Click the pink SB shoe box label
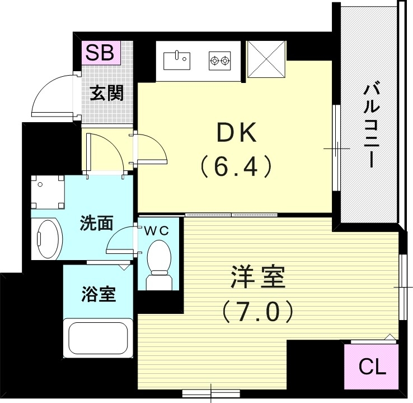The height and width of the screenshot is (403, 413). (101, 53)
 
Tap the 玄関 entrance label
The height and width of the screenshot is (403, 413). (107, 92)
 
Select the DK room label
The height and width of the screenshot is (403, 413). (236, 133)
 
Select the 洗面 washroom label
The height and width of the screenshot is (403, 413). (96, 223)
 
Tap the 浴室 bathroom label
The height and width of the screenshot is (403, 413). (98, 294)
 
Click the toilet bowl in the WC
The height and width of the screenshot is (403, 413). (158, 259)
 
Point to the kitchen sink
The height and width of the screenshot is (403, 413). (178, 58)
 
